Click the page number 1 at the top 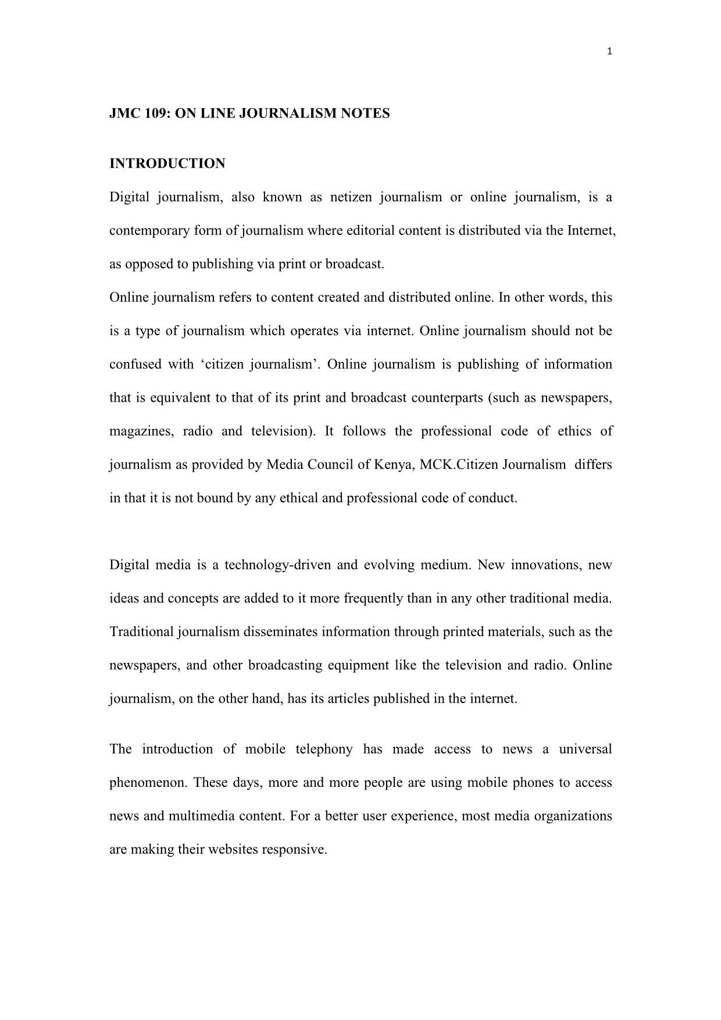click(609, 52)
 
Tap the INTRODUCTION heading click(167, 164)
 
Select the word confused click(135, 365)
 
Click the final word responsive click(294, 850)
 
